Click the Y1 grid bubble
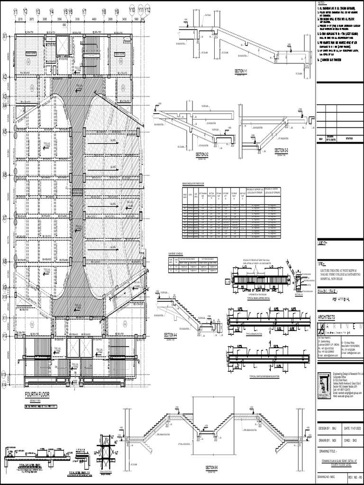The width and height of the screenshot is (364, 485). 15,10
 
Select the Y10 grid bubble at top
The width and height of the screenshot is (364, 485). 132,9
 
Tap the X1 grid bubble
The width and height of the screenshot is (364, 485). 5,36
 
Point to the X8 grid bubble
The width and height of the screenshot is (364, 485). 5,261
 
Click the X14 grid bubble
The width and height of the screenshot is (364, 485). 5,385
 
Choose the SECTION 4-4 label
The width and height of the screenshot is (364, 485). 171,335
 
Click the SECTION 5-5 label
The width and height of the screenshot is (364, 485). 211,467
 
